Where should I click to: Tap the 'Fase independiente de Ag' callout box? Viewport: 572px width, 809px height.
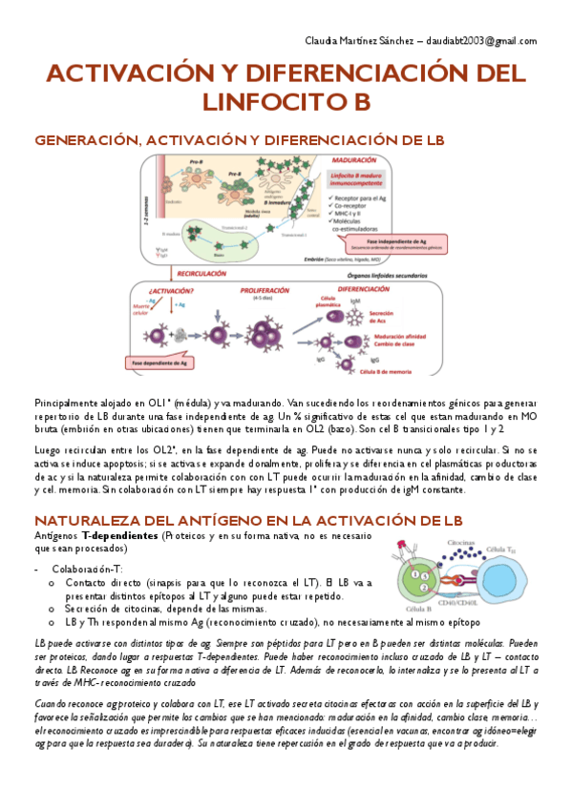(381, 242)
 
